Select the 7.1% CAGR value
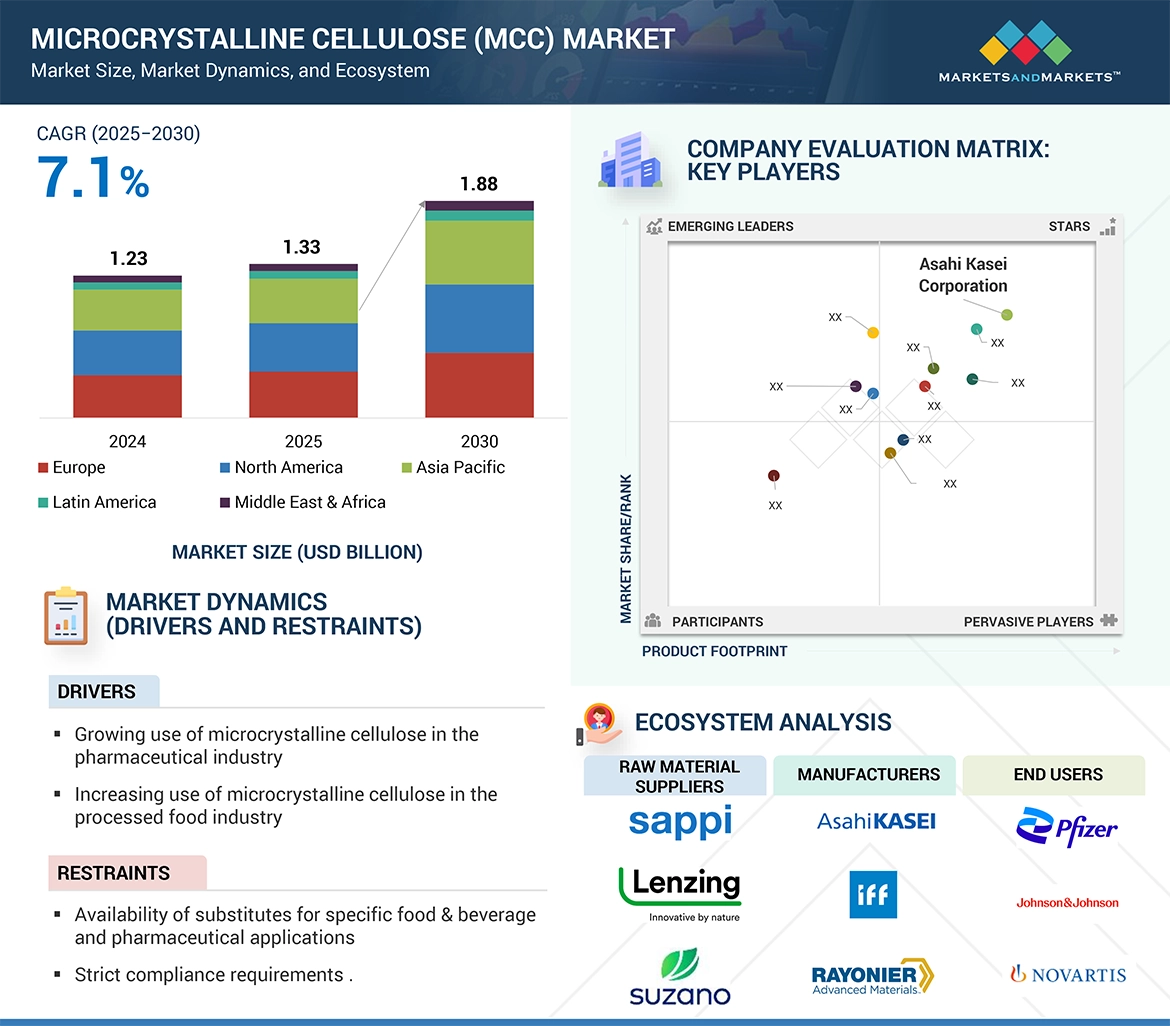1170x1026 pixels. point(93,179)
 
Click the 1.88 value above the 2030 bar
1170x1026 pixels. point(479,184)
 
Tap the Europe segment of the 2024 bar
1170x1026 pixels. point(127,396)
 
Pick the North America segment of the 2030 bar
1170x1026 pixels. point(479,319)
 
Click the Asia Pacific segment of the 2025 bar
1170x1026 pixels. point(303,301)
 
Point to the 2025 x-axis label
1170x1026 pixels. point(303,441)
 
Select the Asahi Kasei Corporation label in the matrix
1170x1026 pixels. point(963,275)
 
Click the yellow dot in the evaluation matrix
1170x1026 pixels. point(873,332)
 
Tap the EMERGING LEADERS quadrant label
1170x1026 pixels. point(730,226)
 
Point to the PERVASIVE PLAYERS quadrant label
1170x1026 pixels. point(1028,621)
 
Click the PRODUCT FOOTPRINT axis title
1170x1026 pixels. point(714,651)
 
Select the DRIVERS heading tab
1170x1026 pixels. point(97,692)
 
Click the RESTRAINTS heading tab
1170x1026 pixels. point(114,873)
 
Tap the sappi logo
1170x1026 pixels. point(680,821)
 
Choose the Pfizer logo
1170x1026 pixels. point(1066,827)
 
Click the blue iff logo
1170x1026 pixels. point(873,894)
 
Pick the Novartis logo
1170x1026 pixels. point(1067,974)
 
